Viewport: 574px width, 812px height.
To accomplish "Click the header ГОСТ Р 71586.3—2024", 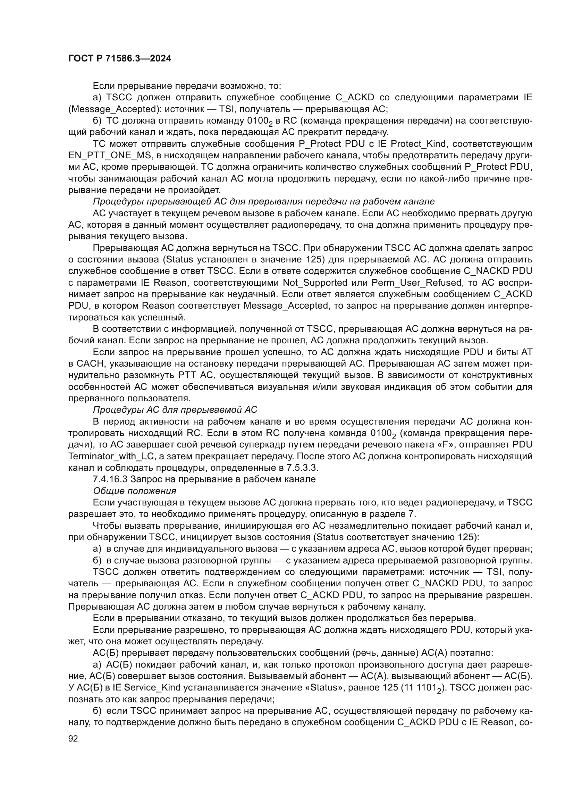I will [x=119, y=59].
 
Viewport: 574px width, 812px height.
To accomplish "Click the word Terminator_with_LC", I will [x=111, y=456].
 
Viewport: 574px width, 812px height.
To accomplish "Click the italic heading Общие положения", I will [x=134, y=491].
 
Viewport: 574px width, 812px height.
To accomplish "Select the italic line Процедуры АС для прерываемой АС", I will [x=175, y=410].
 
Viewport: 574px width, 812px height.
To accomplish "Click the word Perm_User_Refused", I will [x=418, y=283].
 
